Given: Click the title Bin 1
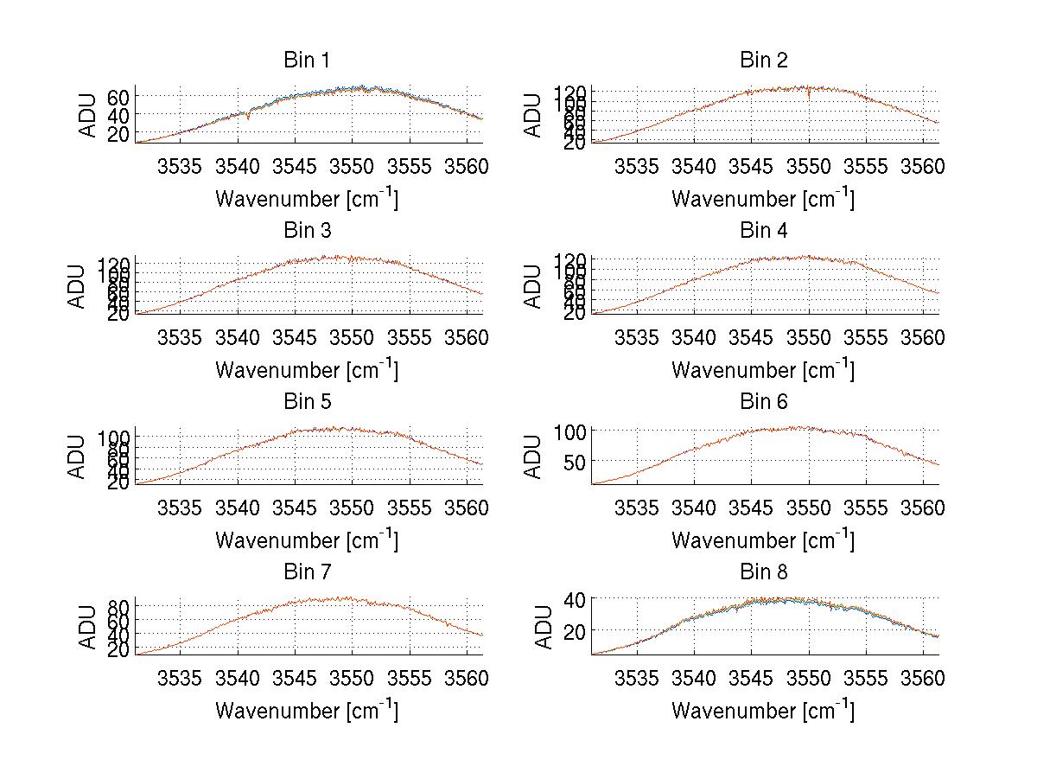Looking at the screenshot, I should [307, 61].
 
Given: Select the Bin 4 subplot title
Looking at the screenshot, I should [763, 231].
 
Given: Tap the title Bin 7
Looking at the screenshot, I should [307, 572].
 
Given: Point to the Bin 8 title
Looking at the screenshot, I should [763, 572].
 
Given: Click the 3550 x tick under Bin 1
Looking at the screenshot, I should [353, 165].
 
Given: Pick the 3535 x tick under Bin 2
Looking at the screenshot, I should [636, 165].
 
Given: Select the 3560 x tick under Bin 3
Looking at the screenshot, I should [468, 335].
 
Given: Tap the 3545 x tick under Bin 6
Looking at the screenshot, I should [751, 506].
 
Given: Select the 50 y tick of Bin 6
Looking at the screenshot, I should [576, 462].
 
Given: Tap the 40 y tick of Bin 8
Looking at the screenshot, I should [576, 599].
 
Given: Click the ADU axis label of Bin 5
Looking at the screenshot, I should [78, 457].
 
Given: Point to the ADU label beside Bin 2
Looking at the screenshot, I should [534, 115].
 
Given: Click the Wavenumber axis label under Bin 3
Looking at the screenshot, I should [307, 369].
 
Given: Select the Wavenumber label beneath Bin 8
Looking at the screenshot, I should [763, 711].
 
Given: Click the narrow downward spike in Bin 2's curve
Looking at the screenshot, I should [809, 96].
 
